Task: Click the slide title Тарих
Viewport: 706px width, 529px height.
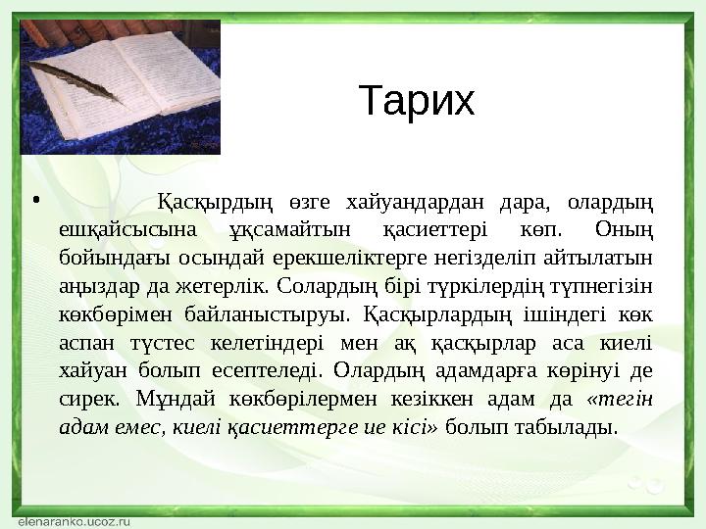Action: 417,100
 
